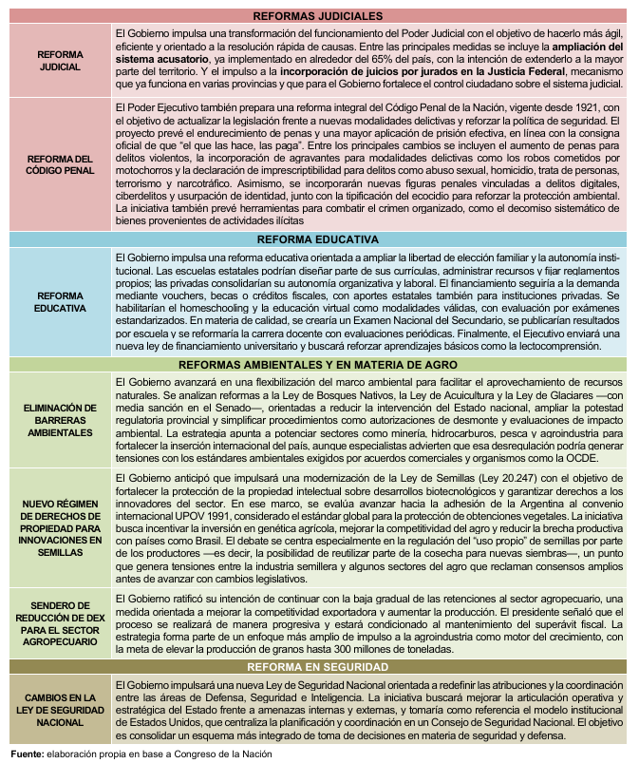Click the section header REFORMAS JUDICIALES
point(319,16)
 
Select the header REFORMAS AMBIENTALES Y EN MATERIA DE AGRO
point(319,364)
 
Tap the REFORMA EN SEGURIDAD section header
point(319,667)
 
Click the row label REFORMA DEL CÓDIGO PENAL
point(57,163)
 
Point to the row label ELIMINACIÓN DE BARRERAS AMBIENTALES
point(57,419)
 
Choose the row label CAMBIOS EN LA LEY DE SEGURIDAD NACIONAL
point(57,710)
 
